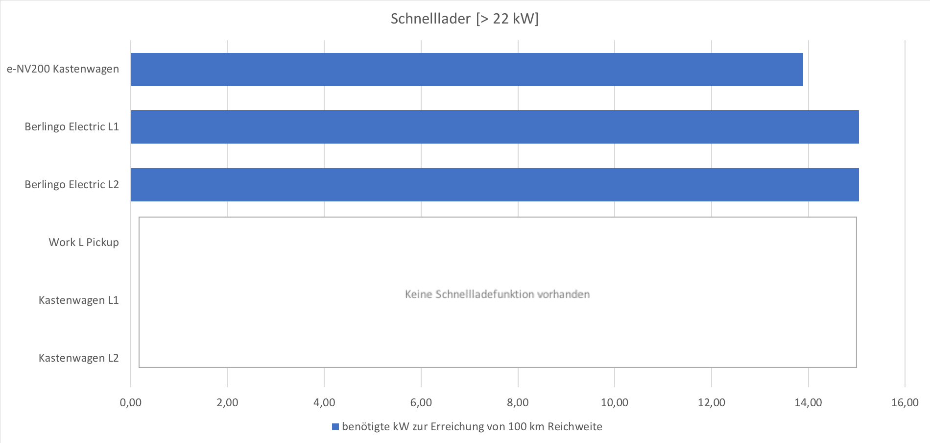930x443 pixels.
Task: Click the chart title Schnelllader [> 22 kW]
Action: coord(464,19)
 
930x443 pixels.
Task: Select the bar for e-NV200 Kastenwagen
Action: coord(467,69)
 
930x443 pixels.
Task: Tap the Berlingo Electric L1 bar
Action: coord(495,127)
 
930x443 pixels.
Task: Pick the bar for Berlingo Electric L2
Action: coord(495,185)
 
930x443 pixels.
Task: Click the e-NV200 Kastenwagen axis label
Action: coord(63,69)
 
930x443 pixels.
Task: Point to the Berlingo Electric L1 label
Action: coord(72,126)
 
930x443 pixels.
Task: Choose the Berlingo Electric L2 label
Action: coord(72,184)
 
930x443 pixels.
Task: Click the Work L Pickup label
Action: coord(84,242)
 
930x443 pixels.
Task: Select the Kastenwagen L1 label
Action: coord(79,300)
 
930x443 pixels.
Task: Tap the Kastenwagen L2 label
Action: coord(79,358)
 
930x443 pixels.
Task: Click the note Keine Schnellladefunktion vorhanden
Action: coord(497,294)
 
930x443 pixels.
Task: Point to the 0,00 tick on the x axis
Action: coord(131,402)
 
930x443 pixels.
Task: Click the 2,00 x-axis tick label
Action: coord(227,402)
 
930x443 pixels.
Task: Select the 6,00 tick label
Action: coord(421,402)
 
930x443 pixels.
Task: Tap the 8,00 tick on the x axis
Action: coord(518,402)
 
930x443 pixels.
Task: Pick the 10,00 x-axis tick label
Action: coord(615,402)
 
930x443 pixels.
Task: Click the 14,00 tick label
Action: coord(809,402)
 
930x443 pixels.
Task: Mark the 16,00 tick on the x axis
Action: coord(905,402)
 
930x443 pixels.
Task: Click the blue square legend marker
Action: coord(335,427)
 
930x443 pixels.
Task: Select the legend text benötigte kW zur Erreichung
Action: coord(419,426)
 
